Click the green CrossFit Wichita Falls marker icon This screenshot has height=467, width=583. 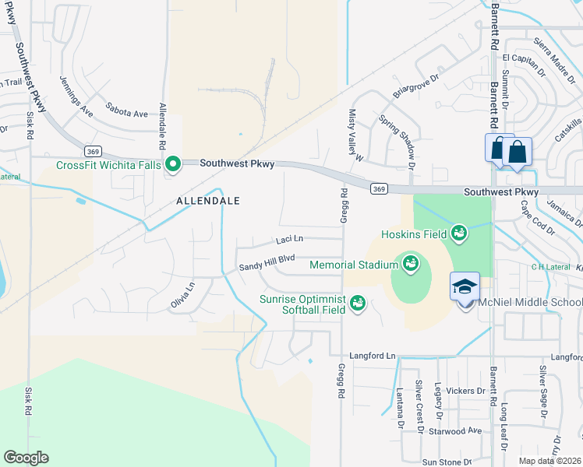(172, 164)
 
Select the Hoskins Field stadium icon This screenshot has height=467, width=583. (459, 233)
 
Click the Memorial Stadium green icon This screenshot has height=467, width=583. (410, 265)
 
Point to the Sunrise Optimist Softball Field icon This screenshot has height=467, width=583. (358, 301)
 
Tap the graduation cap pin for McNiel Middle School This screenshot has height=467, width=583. (465, 286)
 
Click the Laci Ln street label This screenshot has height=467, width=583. (288, 240)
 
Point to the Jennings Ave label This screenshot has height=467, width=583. (76, 97)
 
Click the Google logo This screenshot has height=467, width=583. (26, 458)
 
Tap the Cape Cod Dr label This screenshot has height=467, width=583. (536, 217)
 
